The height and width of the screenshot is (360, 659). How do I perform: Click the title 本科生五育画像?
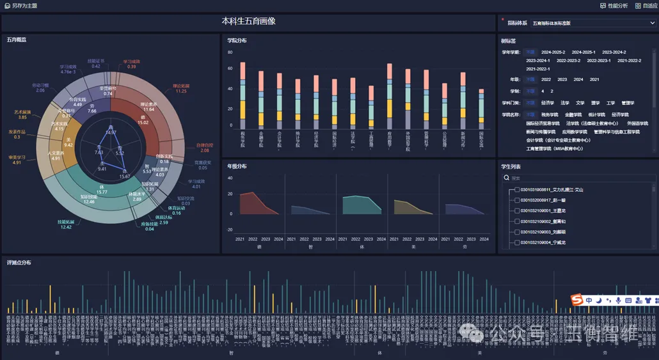(x=249, y=22)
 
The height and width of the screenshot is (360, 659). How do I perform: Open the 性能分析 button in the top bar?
(x=614, y=5)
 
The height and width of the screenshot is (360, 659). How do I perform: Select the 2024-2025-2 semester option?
(x=553, y=52)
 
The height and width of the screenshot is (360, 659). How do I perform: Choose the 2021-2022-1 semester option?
(x=537, y=69)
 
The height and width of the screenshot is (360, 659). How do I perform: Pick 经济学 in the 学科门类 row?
(x=547, y=102)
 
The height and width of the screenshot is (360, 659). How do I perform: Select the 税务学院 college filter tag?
(x=550, y=114)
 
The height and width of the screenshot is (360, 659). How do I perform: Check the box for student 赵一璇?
(x=517, y=200)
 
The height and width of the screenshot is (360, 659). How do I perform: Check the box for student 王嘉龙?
(x=517, y=210)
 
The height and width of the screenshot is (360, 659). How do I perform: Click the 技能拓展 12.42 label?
(x=66, y=224)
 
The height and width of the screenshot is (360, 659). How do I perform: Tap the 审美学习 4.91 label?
(x=17, y=159)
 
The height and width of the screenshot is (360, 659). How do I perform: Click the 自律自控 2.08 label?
(x=205, y=147)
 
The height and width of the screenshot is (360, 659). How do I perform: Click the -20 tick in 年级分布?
(x=230, y=230)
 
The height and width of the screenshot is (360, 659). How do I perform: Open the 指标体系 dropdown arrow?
(x=652, y=23)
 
